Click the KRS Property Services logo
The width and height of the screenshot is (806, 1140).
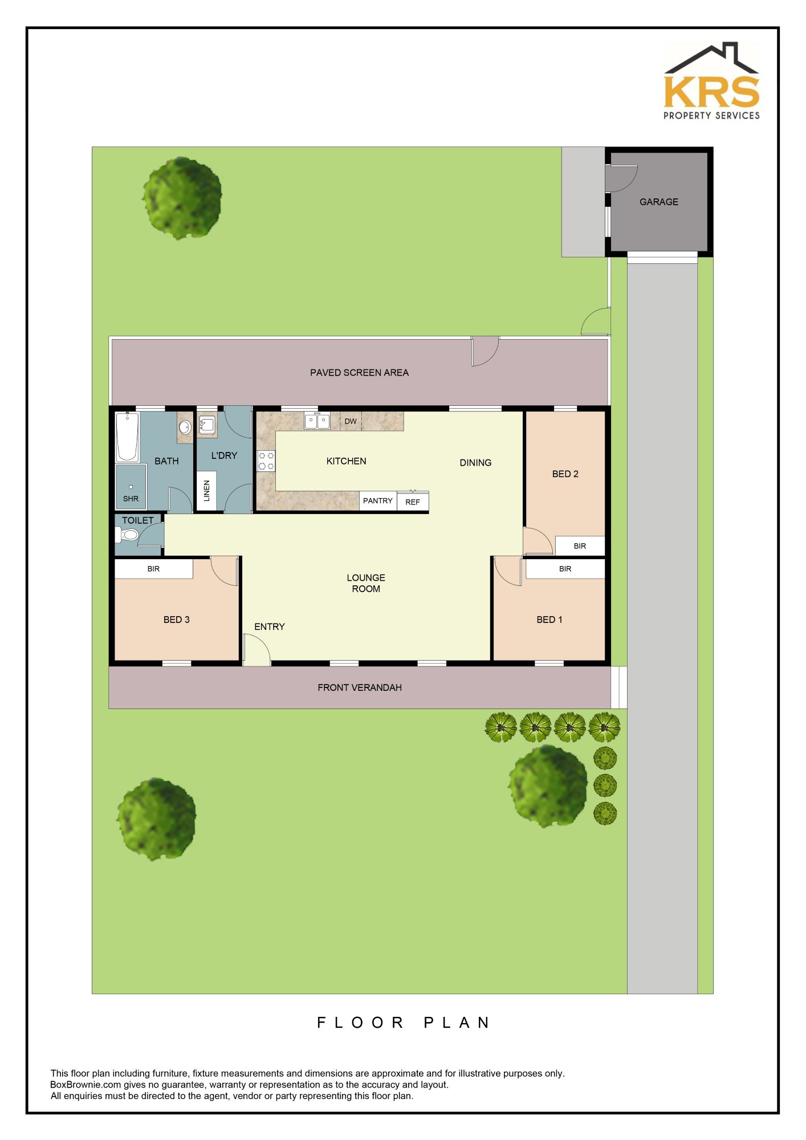[711, 80]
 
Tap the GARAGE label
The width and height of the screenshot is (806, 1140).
[658, 202]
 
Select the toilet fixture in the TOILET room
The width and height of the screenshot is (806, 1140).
[127, 535]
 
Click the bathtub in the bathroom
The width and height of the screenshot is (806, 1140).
[127, 437]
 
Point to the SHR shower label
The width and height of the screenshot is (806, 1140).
[131, 499]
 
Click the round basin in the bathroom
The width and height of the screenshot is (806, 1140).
[185, 427]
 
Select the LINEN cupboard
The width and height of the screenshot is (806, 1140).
[206, 491]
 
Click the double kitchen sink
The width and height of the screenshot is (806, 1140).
[317, 421]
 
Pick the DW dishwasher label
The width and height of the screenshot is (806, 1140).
[351, 421]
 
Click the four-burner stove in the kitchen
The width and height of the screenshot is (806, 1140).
[266, 461]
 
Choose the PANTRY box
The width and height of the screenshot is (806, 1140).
[378, 500]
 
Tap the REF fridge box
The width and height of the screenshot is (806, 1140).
[413, 501]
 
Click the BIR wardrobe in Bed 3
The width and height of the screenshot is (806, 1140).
[154, 569]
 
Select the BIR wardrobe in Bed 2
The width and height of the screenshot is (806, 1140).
[580, 545]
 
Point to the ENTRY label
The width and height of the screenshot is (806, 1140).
[270, 626]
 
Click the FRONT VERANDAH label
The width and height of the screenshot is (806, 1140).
[360, 687]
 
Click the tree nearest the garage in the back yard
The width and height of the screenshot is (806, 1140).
[182, 198]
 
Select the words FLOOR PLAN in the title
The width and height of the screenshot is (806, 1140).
[403, 1023]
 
